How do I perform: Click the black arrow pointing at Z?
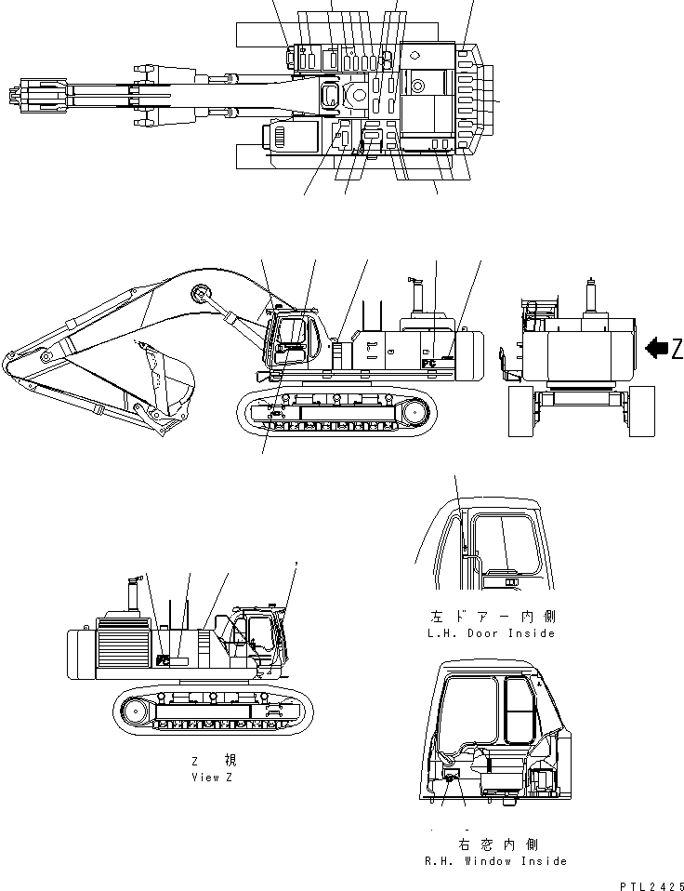(657, 348)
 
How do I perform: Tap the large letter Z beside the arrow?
(677, 349)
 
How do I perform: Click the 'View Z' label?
(213, 777)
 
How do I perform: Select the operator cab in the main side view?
(295, 339)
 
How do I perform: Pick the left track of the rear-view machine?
(521, 412)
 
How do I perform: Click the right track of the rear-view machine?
(641, 412)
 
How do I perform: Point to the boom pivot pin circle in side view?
(198, 295)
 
